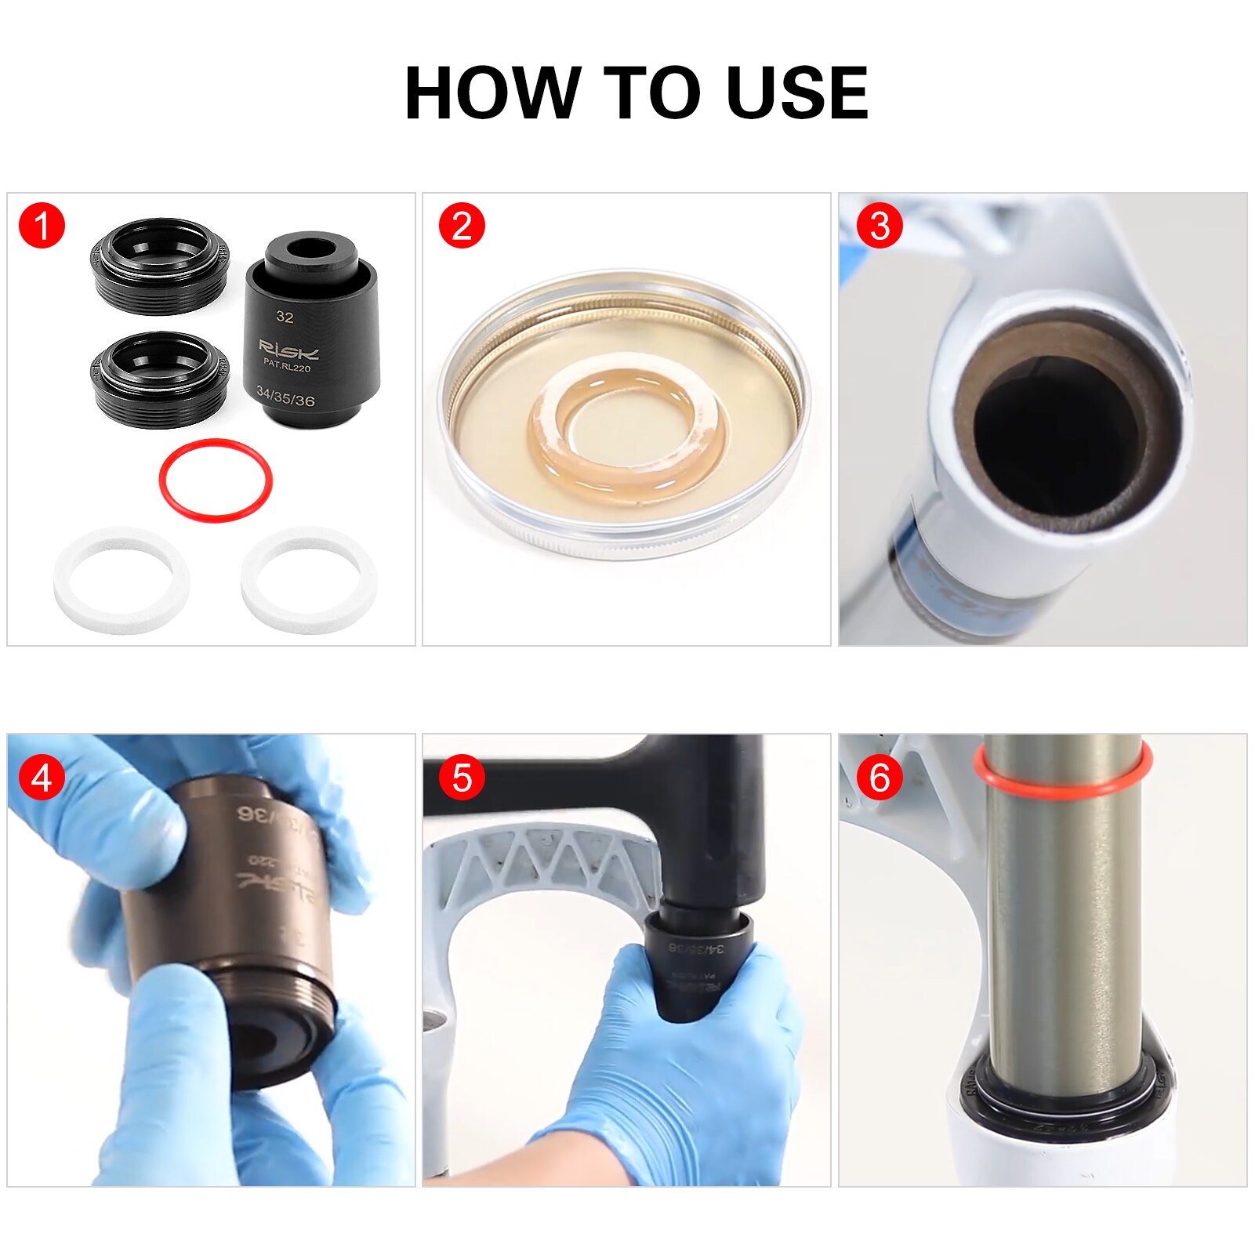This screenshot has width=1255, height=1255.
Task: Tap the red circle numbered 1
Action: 42,227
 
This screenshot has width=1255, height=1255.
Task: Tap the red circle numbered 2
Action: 462,227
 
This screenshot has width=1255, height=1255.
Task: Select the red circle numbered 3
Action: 880,227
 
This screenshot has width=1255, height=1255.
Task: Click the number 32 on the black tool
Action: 285,317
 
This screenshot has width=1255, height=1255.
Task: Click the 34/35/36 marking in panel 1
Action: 285,398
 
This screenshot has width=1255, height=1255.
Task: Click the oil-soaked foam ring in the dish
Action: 627,470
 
